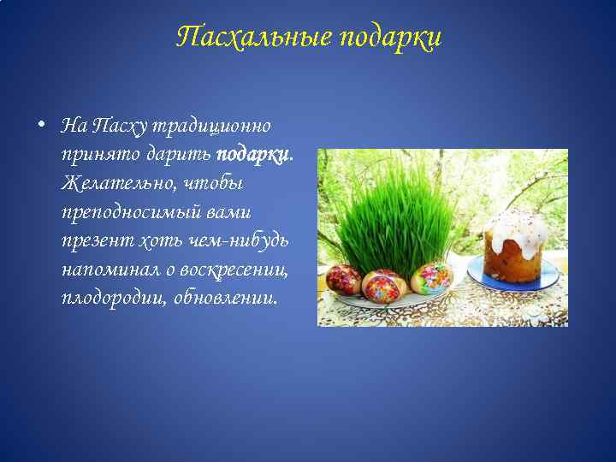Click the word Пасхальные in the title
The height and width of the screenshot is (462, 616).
(x=254, y=37)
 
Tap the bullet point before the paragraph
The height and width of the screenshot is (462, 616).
(x=40, y=125)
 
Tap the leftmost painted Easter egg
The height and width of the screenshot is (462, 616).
(x=342, y=280)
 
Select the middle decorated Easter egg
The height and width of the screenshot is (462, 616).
(x=383, y=285)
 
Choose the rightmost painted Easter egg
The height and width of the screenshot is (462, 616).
(x=430, y=277)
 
